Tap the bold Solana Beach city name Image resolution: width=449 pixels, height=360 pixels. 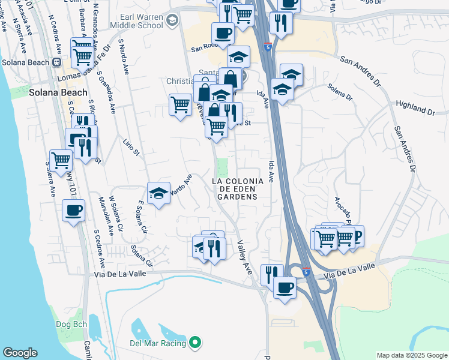coord(58,93)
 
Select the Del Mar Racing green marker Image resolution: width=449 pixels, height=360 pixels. coord(194,343)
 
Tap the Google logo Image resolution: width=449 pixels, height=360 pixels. coord(20,353)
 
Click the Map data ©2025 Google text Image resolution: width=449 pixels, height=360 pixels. coord(411,355)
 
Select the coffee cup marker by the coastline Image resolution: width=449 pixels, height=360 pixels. coord(74,211)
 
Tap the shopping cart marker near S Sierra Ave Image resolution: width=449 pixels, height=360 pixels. coord(61,160)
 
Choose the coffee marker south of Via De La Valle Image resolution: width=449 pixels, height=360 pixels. coord(285,287)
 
